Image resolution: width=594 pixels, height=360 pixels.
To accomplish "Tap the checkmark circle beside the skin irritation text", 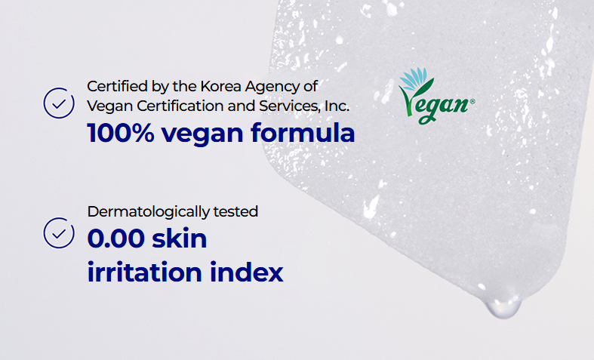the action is coord(59,217).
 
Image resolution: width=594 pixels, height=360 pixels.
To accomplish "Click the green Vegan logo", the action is coord(436,97).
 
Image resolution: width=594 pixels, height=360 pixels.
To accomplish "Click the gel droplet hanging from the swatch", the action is coord(503,307).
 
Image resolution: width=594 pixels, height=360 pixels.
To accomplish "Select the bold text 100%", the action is coord(121,133).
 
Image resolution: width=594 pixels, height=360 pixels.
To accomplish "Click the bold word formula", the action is coord(303,133).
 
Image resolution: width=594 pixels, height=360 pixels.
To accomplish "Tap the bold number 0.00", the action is coord(116,238).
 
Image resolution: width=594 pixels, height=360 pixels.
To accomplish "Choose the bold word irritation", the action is coord(144,272).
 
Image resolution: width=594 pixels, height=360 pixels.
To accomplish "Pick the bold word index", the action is coord(247,272).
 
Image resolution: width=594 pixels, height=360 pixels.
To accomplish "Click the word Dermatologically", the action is coord(149,212).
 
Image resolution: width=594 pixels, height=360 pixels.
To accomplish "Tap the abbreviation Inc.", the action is coord(337,106).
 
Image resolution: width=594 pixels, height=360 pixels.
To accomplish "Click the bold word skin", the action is coord(180,238).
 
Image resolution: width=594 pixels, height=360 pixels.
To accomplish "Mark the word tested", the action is coord(235,212).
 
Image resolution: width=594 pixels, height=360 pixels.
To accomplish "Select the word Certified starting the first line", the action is coord(118,86).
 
